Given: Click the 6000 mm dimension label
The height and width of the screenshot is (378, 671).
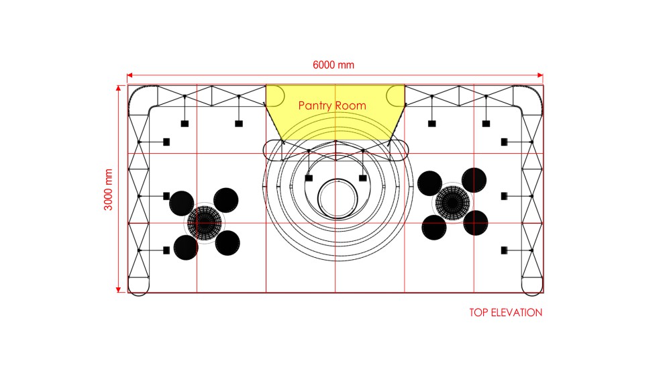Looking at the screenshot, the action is (333, 65).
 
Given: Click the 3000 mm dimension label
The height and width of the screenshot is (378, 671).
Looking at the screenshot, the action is (108, 189).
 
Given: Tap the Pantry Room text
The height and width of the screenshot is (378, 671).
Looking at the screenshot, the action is (332, 105).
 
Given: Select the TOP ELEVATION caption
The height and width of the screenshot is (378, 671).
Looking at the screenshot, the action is (505, 312).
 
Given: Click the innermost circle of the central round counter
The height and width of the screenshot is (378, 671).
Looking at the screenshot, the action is (338, 180).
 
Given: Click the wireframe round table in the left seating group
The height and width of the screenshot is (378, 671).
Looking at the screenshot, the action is (205, 223).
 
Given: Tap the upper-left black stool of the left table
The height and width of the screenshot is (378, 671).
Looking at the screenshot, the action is (182, 203).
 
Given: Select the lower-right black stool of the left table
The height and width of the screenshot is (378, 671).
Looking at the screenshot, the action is (227, 243).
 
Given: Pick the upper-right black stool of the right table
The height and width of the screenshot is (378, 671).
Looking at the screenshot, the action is (474, 180).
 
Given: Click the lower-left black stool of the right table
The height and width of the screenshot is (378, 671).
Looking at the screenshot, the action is (434, 228).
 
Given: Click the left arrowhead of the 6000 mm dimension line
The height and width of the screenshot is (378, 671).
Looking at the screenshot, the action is (130, 76).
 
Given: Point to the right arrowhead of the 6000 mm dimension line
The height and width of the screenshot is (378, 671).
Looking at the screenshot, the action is (540, 76).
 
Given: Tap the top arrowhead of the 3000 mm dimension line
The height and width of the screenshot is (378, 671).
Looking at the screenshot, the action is (119, 88).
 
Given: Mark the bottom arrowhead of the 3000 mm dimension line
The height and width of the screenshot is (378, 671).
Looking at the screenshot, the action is (119, 290).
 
